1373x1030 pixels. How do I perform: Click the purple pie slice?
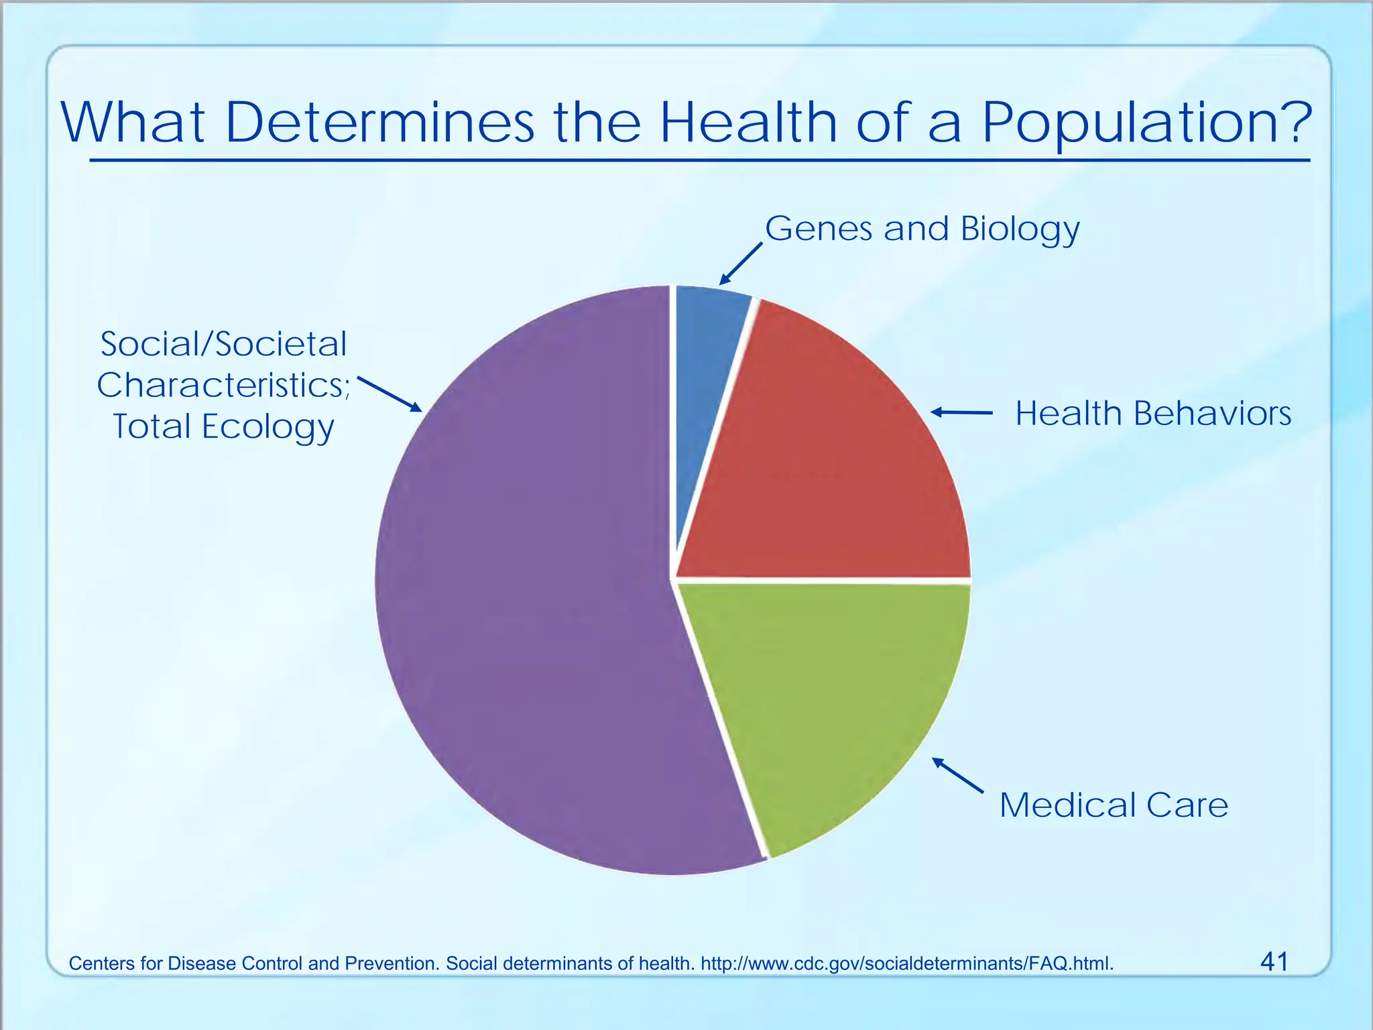[523, 590]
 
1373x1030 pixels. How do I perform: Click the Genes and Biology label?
[922, 229]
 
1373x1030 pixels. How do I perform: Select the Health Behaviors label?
[1153, 414]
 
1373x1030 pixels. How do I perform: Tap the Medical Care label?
[1114, 805]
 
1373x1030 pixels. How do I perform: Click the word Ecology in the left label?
[268, 428]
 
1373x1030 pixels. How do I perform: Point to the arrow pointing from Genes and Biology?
[741, 264]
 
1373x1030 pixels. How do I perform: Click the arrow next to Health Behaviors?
[962, 412]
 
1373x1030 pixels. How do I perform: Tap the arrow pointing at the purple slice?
[390, 394]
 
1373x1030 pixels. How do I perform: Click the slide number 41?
[1274, 962]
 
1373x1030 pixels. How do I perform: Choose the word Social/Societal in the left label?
[223, 345]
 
